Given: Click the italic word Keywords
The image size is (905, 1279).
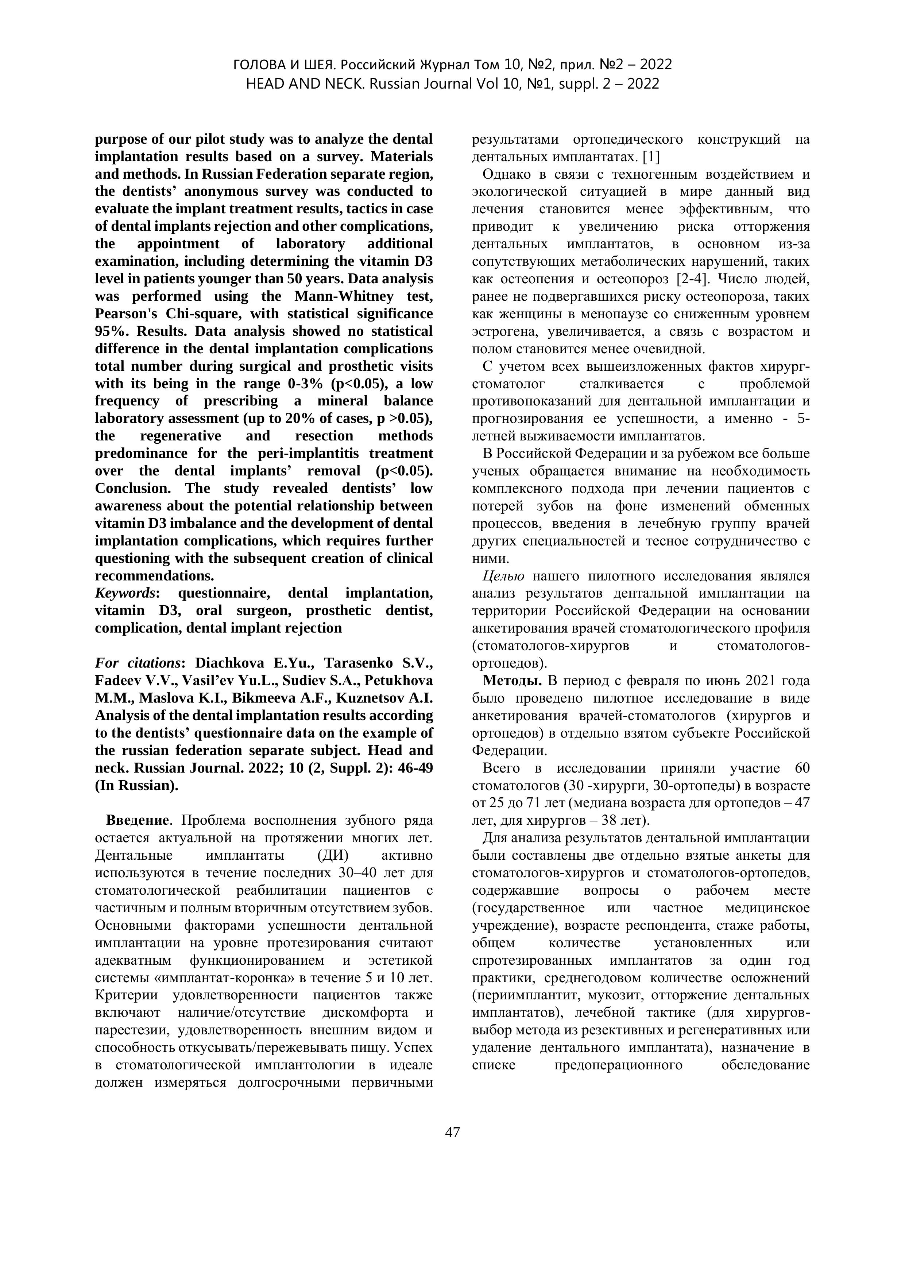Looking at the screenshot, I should [x=126, y=593].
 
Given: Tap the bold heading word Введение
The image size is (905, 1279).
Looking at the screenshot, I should [x=137, y=821].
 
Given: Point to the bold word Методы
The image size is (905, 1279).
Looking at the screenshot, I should [x=513, y=681].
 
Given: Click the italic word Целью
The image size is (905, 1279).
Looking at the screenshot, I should [x=503, y=576].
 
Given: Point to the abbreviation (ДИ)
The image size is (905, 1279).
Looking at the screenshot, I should [x=325, y=856].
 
